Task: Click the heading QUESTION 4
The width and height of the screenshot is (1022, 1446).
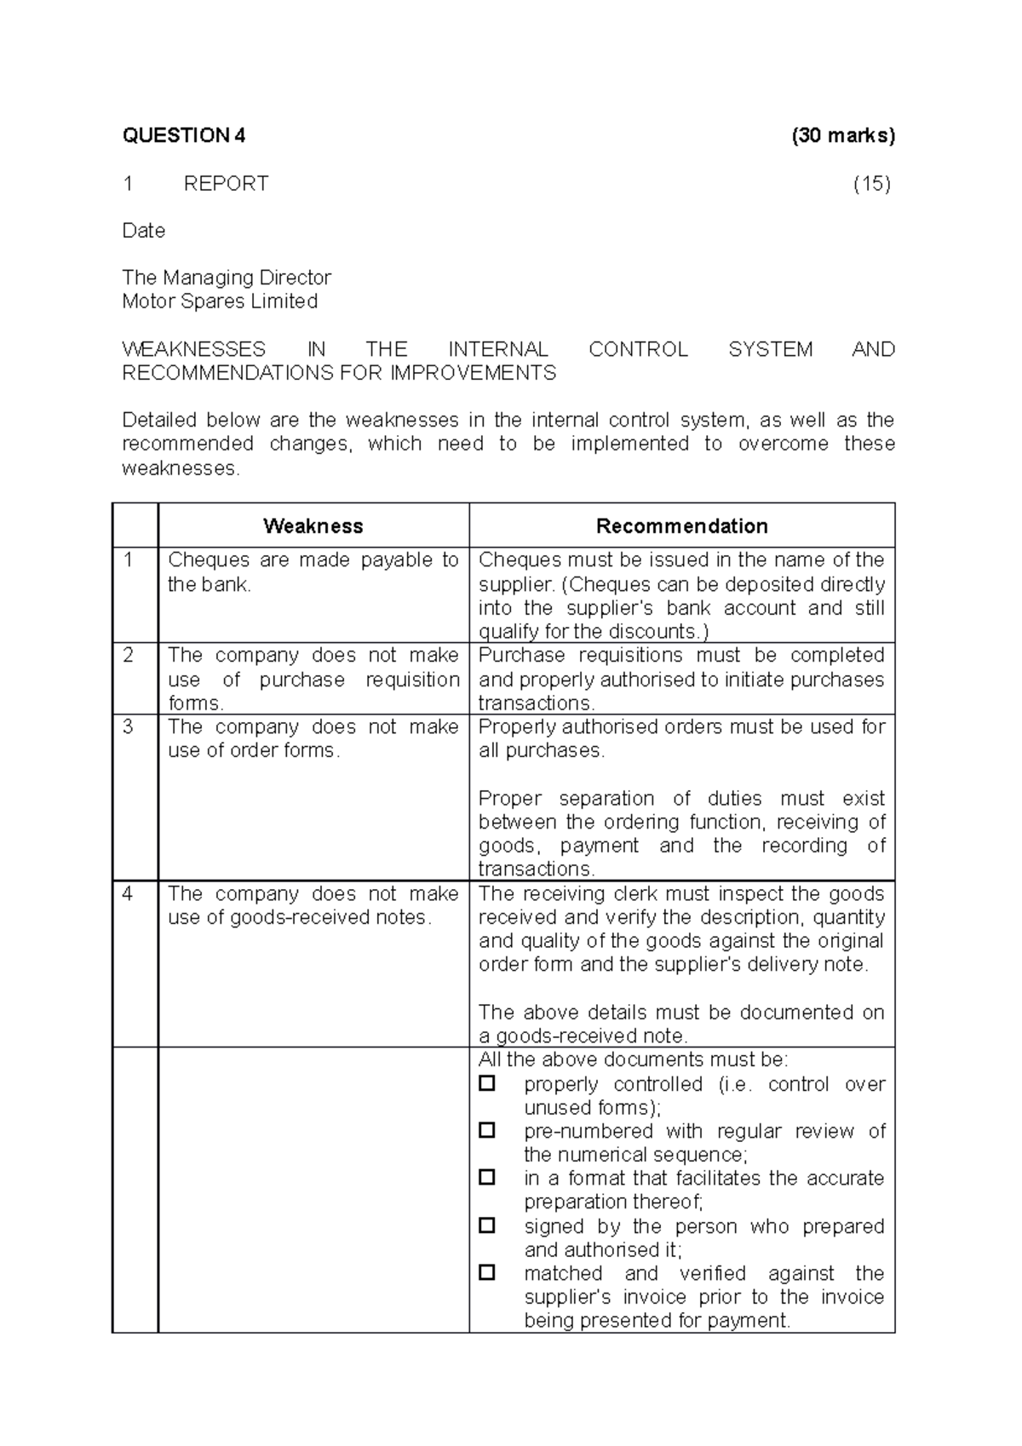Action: [x=184, y=135]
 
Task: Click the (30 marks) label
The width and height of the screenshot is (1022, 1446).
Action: [x=842, y=135]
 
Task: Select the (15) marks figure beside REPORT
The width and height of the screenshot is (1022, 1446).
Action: [x=872, y=184]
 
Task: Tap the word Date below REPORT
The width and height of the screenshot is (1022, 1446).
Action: [x=144, y=231]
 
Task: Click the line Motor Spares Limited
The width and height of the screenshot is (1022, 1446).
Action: [x=220, y=301]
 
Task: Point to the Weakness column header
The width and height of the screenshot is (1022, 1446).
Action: [x=313, y=526]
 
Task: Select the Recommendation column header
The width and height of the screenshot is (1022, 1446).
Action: [x=681, y=526]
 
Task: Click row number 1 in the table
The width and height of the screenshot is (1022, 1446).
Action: [x=129, y=560]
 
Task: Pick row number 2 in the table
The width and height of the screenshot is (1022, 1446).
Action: [x=129, y=656]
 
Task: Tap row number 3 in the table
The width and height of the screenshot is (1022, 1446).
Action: [x=129, y=727]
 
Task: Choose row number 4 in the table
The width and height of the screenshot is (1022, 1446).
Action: [x=129, y=894]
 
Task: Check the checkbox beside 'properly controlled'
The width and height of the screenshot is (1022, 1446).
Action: [x=487, y=1084]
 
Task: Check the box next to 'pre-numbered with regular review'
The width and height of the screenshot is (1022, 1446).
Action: [x=487, y=1131]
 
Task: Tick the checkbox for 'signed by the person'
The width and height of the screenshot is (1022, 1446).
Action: [x=487, y=1226]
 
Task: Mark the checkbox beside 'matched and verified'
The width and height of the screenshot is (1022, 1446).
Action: [x=487, y=1273]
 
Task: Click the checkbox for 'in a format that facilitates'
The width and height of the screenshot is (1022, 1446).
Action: [x=487, y=1178]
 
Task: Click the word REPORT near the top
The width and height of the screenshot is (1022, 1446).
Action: [x=226, y=184]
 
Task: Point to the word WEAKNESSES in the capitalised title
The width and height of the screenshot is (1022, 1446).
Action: [x=194, y=350]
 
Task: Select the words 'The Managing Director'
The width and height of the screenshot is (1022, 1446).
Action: [x=227, y=278]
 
